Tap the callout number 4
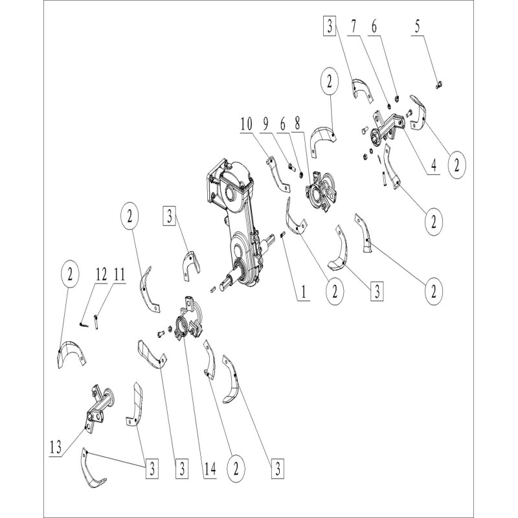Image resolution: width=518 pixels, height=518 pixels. pyautogui.click(x=433, y=165)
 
